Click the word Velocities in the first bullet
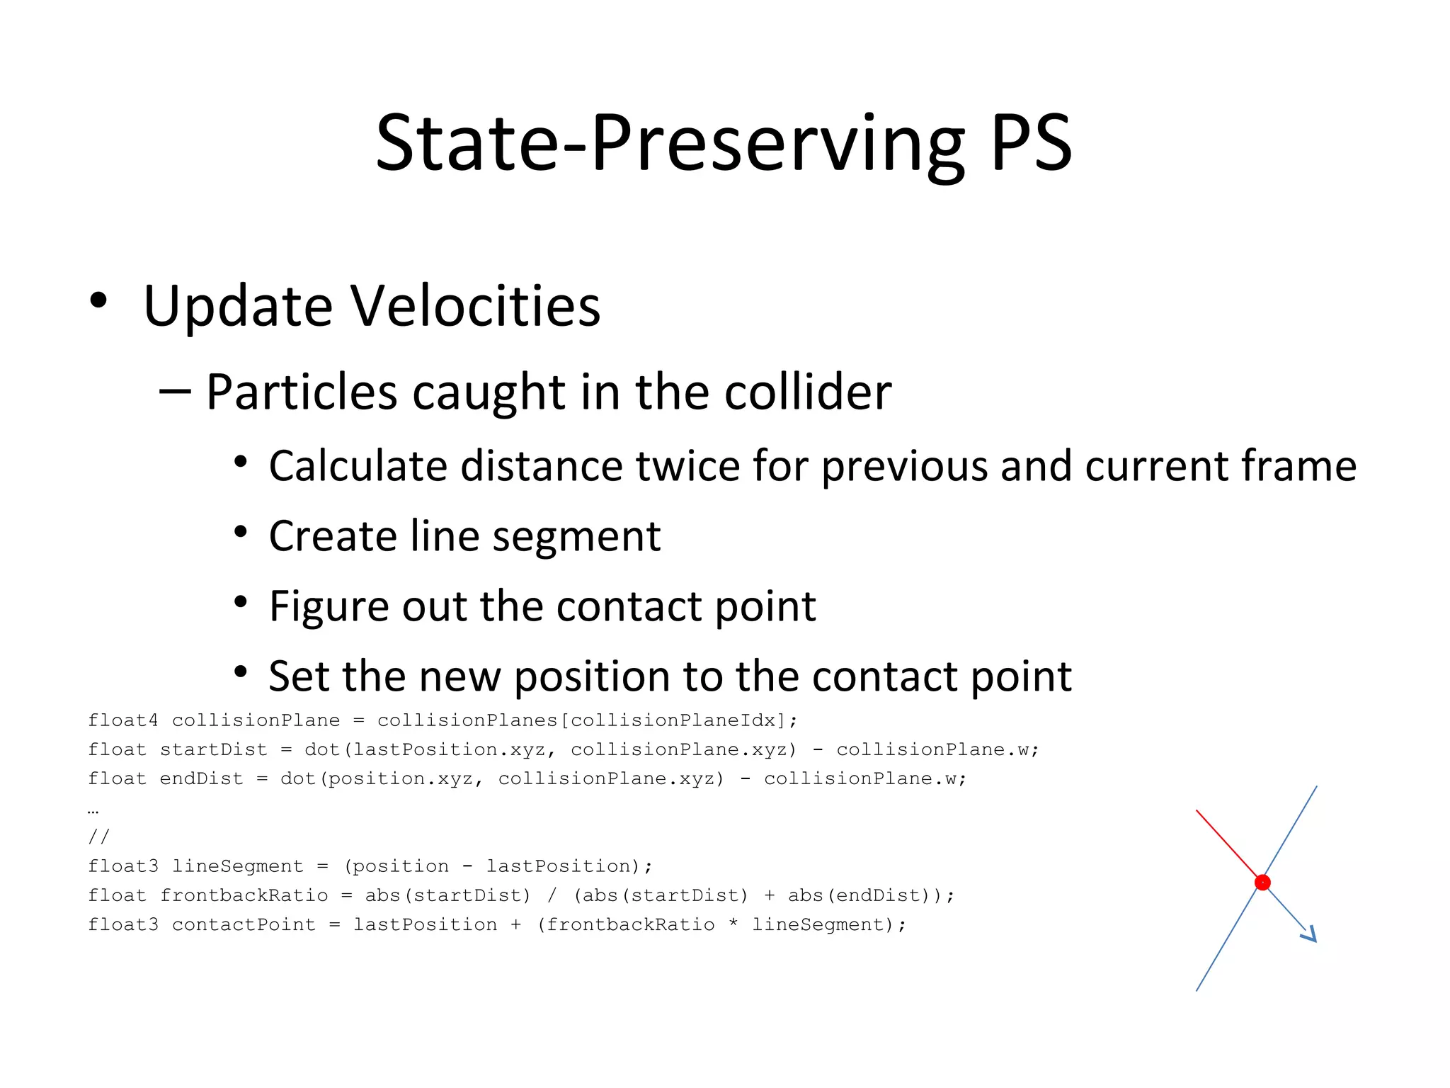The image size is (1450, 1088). [x=475, y=306]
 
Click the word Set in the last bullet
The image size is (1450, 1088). [x=297, y=676]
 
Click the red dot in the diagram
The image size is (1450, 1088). [x=1262, y=883]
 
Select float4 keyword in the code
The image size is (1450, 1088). [x=123, y=720]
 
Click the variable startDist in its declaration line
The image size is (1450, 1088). [x=213, y=749]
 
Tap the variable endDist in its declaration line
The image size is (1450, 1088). [x=201, y=778]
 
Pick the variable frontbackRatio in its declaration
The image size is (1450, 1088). [x=244, y=895]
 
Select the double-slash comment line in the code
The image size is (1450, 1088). [x=98, y=837]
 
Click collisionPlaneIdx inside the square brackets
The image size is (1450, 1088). [x=673, y=720]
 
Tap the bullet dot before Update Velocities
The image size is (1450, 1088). [x=98, y=301]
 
